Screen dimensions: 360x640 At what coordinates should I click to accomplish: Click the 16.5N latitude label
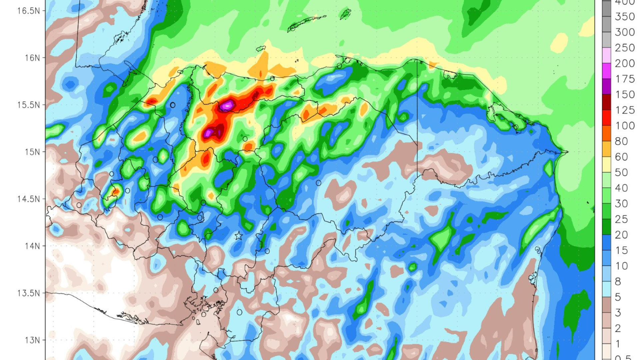pyautogui.click(x=28, y=11)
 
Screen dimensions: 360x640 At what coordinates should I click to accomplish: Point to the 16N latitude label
pyautogui.click(x=32, y=58)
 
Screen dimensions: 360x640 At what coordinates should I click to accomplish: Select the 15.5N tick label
pyautogui.click(x=28, y=105)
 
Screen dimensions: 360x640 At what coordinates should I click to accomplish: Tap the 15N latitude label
pyautogui.click(x=32, y=152)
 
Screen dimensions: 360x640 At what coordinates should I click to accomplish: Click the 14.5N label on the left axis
pyautogui.click(x=28, y=199)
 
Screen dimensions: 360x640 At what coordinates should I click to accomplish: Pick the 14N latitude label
pyautogui.click(x=32, y=246)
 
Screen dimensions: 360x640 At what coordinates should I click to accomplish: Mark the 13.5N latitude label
pyautogui.click(x=28, y=293)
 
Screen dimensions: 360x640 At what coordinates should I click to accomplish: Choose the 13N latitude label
pyautogui.click(x=32, y=340)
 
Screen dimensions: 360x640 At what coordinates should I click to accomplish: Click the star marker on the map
pyautogui.click(x=238, y=236)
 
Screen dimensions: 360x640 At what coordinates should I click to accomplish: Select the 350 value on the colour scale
pyautogui.click(x=625, y=17)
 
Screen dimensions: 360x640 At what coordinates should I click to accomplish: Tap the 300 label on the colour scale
pyautogui.click(x=625, y=32)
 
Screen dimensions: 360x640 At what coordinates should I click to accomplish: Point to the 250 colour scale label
pyautogui.click(x=625, y=48)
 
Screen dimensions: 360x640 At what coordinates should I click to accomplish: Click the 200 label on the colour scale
pyautogui.click(x=625, y=63)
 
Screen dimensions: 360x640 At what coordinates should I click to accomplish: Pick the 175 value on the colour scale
pyautogui.click(x=625, y=79)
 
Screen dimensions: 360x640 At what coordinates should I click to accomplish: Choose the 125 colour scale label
pyautogui.click(x=625, y=110)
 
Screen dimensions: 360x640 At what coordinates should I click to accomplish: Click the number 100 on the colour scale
pyautogui.click(x=625, y=126)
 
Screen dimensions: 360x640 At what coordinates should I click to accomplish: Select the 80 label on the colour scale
pyautogui.click(x=621, y=141)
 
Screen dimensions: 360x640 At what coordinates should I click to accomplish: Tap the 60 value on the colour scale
pyautogui.click(x=621, y=157)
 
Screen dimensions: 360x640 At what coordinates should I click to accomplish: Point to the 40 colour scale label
pyautogui.click(x=621, y=188)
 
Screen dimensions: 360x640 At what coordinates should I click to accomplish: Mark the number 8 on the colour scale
pyautogui.click(x=618, y=282)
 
